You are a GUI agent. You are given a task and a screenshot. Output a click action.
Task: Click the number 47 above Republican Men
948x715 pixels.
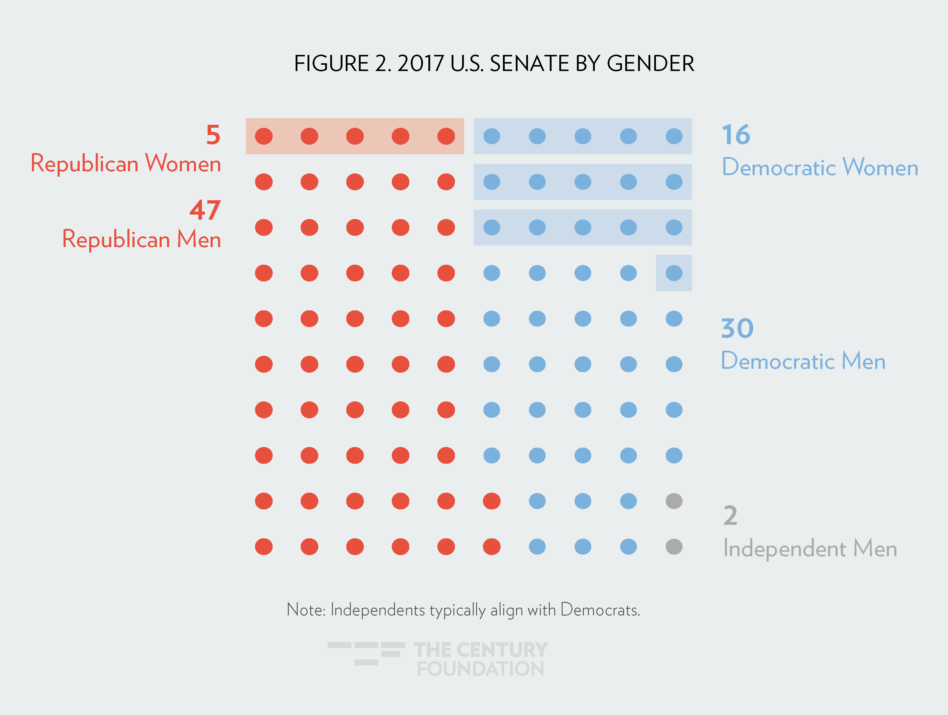[205, 210]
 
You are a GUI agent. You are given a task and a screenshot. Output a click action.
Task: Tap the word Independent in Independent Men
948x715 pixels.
[784, 549]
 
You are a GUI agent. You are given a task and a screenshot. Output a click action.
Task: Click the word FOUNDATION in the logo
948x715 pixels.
[481, 669]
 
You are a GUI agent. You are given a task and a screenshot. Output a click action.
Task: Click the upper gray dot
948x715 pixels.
[674, 501]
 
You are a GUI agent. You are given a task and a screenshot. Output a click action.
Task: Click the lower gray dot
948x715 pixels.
[674, 546]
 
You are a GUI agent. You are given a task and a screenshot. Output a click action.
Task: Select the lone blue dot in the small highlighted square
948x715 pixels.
[674, 273]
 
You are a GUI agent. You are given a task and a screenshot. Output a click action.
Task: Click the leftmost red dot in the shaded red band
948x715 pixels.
[264, 136]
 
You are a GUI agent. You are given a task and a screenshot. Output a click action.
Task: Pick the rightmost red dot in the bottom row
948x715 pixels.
[492, 546]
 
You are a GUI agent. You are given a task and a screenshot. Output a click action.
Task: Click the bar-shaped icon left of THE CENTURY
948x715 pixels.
[366, 653]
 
